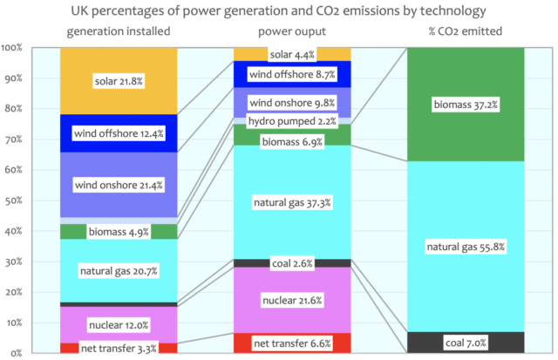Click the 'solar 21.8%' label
point(119,81)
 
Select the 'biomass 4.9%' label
point(119,232)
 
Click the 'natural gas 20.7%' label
point(119,271)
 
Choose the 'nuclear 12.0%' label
point(119,324)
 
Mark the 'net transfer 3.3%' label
point(119,348)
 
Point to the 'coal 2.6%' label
point(292,264)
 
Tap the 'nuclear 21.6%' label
point(292,301)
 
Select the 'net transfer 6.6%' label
point(292,344)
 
